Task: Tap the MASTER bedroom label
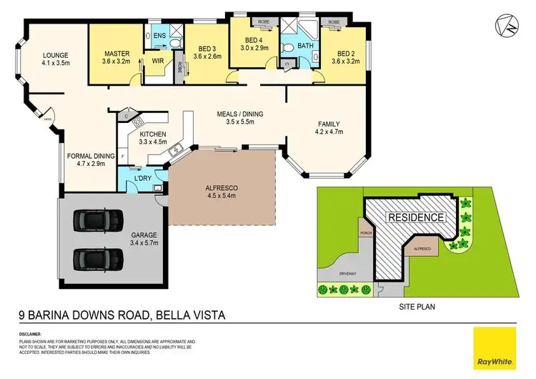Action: coord(116,53)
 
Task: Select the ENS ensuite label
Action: coord(159,34)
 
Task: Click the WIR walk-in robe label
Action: coord(157,61)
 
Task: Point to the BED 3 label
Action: coord(207,49)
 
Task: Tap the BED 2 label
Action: coord(346,53)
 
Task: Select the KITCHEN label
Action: coord(153,134)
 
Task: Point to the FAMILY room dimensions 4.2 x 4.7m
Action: coord(330,132)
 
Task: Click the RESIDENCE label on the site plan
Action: coord(416,217)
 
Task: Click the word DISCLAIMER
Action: coord(31,334)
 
